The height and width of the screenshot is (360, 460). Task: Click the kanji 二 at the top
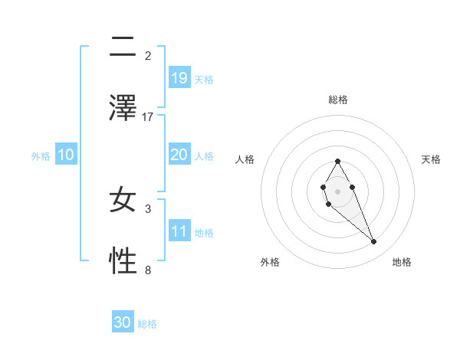pyautogui.click(x=123, y=48)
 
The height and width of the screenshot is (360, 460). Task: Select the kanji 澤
pyautogui.click(x=123, y=106)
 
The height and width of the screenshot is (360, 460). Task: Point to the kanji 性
pyautogui.click(x=123, y=261)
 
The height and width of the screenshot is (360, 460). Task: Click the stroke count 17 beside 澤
pyautogui.click(x=148, y=116)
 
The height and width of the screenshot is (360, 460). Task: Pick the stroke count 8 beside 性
pyautogui.click(x=148, y=270)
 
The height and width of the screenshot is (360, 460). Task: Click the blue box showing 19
pyautogui.click(x=179, y=78)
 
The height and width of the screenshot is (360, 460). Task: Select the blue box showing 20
pyautogui.click(x=179, y=155)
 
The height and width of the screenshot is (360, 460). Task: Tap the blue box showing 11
pyautogui.click(x=179, y=231)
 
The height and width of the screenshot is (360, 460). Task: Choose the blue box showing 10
pyautogui.click(x=66, y=155)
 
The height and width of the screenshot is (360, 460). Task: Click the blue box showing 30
pyautogui.click(x=123, y=322)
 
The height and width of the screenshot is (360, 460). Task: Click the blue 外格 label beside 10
pyautogui.click(x=41, y=155)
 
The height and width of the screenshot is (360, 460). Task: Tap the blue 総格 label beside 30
pyautogui.click(x=147, y=324)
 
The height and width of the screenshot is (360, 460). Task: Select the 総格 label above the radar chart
pyautogui.click(x=338, y=100)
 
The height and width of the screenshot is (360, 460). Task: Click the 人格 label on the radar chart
pyautogui.click(x=245, y=159)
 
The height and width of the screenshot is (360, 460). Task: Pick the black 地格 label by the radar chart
pyautogui.click(x=402, y=262)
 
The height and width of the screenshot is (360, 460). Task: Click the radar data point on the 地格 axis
pyautogui.click(x=374, y=242)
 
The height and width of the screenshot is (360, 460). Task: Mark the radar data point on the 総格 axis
pyautogui.click(x=337, y=161)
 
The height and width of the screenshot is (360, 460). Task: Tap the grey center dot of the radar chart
pyautogui.click(x=337, y=191)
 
